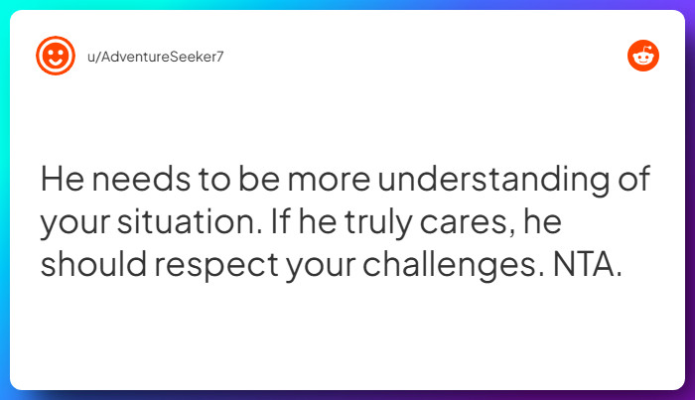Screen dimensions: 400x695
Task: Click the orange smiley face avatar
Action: click(56, 55)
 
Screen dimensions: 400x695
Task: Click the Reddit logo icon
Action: click(643, 57)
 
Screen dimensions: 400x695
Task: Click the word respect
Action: click(206, 267)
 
